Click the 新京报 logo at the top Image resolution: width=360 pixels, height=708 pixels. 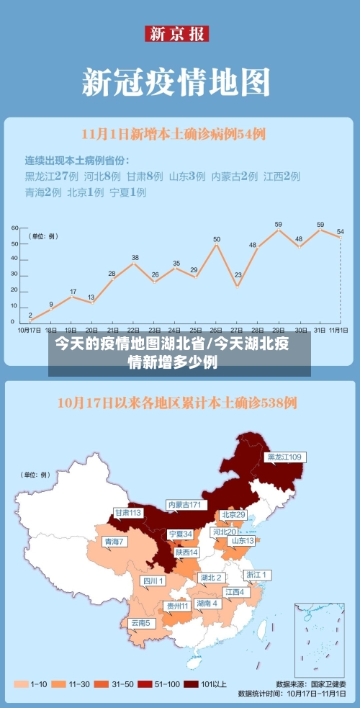(177, 34)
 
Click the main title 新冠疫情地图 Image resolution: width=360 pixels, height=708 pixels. (176, 81)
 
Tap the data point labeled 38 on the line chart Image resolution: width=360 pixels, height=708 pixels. (134, 264)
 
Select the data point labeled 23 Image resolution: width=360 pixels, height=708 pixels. (238, 285)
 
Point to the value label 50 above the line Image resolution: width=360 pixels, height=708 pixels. (216, 238)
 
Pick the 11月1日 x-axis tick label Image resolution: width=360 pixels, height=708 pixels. (338, 329)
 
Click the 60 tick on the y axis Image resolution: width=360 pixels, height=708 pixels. (14, 228)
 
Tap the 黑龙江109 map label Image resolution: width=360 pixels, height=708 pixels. (284, 457)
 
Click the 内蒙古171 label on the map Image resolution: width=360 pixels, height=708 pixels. (184, 504)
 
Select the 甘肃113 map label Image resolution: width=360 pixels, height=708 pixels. (127, 513)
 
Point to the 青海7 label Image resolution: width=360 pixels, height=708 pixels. (114, 541)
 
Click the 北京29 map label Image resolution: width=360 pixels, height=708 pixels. (233, 514)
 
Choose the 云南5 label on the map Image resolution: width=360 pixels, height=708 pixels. (140, 622)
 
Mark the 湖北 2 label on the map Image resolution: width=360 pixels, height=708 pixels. (210, 577)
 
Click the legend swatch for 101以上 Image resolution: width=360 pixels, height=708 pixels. (191, 684)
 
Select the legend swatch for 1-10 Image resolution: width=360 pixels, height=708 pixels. (20, 684)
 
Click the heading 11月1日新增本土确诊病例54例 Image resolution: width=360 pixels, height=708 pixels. (174, 133)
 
